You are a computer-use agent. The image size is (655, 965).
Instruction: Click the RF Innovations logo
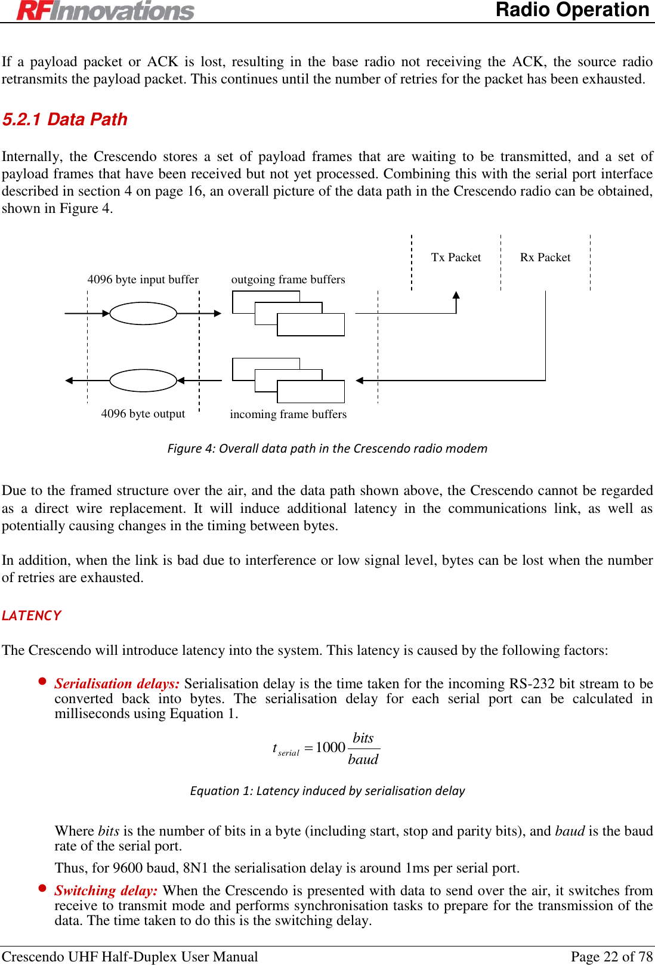tap(106, 10)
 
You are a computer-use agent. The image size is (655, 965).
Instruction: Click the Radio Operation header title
tap(572, 10)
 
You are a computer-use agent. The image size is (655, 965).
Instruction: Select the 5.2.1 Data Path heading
tap(65, 119)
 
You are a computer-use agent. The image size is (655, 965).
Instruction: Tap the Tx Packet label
tap(456, 257)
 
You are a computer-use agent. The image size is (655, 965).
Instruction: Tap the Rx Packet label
tap(545, 257)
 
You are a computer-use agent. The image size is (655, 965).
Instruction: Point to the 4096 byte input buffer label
tap(143, 279)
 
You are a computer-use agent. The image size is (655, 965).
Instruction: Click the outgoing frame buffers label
tap(288, 279)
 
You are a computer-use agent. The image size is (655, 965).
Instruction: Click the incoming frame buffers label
tap(288, 414)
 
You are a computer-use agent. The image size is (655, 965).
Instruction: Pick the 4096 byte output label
tap(143, 413)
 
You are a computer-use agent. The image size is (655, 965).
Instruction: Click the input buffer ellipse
tap(143, 313)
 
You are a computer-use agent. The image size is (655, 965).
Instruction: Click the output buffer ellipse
tap(143, 381)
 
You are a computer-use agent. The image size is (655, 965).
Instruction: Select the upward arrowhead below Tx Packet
tap(456, 295)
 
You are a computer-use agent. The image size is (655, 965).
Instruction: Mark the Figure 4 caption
tap(327, 449)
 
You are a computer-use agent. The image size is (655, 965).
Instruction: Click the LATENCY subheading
tap(32, 616)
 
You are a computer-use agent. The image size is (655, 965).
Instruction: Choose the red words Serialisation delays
tap(117, 683)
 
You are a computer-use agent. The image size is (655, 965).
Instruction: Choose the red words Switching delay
tap(106, 890)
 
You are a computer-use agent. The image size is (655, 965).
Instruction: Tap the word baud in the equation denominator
tap(363, 759)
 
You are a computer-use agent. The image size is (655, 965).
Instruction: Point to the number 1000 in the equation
tap(330, 747)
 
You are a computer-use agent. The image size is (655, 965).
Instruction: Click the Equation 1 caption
tap(327, 791)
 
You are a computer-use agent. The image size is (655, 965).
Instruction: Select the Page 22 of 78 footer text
tap(611, 957)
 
